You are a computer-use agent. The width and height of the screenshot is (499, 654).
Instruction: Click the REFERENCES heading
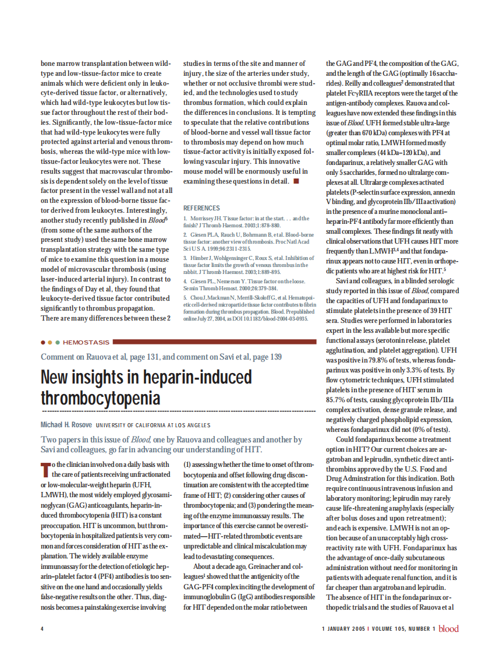click(201, 208)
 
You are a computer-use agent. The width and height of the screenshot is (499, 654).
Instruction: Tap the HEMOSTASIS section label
click(86, 342)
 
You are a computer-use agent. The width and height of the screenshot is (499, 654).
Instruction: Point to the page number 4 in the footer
click(42, 628)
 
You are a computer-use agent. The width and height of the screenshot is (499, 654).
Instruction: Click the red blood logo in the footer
click(448, 628)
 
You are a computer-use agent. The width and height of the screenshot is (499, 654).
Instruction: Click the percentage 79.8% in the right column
click(367, 361)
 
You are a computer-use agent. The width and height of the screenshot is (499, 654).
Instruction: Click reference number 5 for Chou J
click(185, 297)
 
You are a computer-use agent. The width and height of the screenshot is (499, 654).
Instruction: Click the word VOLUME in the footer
click(381, 628)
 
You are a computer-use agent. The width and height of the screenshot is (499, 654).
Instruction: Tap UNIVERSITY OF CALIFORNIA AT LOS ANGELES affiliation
click(153, 425)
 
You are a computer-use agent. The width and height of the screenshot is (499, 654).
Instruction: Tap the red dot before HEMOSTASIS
click(43, 342)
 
